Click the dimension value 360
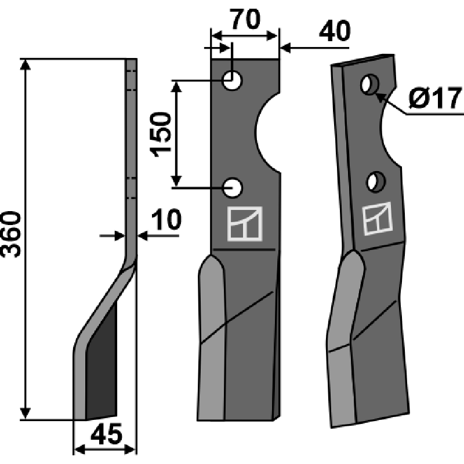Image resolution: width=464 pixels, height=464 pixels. pyautogui.click(x=11, y=234)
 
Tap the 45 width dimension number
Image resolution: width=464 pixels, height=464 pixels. pyautogui.click(x=106, y=434)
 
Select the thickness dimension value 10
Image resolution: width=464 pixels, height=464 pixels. pyautogui.click(x=166, y=220)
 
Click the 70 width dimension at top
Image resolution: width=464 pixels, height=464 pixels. pyautogui.click(x=245, y=20)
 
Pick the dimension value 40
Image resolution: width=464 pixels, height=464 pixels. pyautogui.click(x=335, y=31)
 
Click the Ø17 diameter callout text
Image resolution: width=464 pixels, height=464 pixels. pyautogui.click(x=436, y=98)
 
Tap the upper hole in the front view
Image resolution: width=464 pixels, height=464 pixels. pyautogui.click(x=233, y=80)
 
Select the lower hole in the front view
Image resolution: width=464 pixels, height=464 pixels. pyautogui.click(x=233, y=187)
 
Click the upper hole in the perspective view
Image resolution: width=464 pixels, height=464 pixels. pyautogui.click(x=369, y=85)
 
